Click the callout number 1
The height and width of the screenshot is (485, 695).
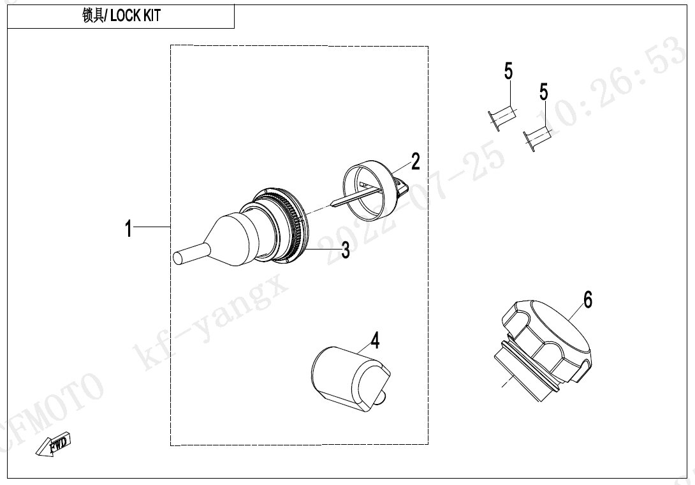[x=129, y=229]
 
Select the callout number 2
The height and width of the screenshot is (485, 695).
[x=415, y=161]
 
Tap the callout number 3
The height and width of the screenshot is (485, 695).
[x=346, y=251]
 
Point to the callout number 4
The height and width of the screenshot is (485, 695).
[x=375, y=341]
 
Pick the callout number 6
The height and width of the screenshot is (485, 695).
[x=588, y=300]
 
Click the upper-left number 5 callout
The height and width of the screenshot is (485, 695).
[x=508, y=71]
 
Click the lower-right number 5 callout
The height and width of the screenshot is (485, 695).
[x=544, y=92]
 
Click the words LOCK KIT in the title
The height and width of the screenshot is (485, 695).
[x=135, y=16]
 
